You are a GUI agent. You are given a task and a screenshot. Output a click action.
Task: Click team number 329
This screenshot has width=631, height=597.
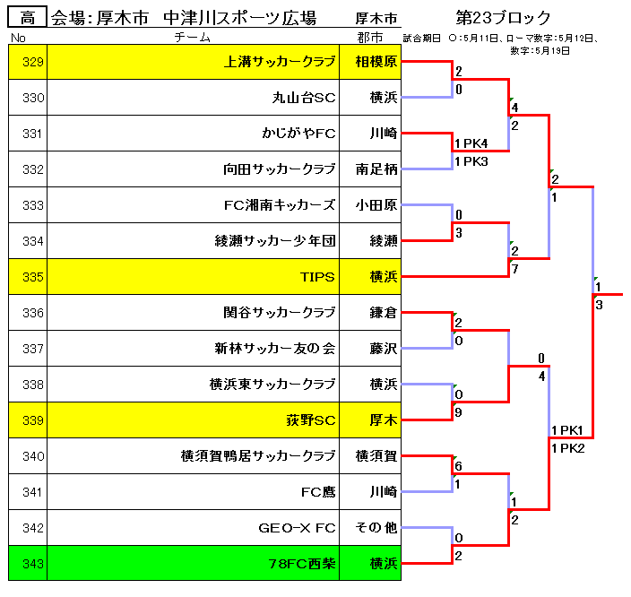(32, 62)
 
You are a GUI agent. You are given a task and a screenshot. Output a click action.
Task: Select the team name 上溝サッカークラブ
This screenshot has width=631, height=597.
(280, 62)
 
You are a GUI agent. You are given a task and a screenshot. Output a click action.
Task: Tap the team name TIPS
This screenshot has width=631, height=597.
(317, 277)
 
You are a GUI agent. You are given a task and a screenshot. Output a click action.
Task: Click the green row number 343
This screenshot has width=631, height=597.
(32, 564)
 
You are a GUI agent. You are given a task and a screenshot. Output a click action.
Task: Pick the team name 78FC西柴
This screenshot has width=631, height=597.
(302, 564)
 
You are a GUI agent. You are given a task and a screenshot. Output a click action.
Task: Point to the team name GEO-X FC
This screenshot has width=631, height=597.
(297, 528)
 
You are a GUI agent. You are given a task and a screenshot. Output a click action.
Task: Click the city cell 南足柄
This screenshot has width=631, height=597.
(376, 169)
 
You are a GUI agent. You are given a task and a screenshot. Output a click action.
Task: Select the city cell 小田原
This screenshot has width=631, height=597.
(376, 205)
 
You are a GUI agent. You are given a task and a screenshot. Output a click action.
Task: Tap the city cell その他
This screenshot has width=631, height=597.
(376, 527)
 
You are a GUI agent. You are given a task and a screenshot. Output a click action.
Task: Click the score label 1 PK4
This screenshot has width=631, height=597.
(471, 143)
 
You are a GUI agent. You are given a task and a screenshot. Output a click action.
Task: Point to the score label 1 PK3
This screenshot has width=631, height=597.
(471, 161)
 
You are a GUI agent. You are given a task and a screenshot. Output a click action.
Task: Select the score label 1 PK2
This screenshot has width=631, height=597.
(568, 448)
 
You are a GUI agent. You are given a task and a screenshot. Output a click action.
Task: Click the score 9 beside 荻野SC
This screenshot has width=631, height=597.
(458, 412)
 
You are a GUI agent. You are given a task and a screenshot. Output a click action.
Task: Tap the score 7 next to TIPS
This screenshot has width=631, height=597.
(514, 269)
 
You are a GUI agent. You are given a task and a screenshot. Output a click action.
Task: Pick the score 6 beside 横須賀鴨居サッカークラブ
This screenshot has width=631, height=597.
(458, 466)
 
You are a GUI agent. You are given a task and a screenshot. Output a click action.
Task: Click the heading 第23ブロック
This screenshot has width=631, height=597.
(503, 18)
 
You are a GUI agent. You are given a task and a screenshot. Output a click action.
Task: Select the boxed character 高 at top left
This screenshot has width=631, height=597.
(28, 18)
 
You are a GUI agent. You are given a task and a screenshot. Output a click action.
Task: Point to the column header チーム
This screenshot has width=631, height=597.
(193, 38)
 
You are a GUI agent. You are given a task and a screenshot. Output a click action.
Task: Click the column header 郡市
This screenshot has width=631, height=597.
(370, 38)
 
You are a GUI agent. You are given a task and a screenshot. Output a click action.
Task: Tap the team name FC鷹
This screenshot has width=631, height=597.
(318, 492)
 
